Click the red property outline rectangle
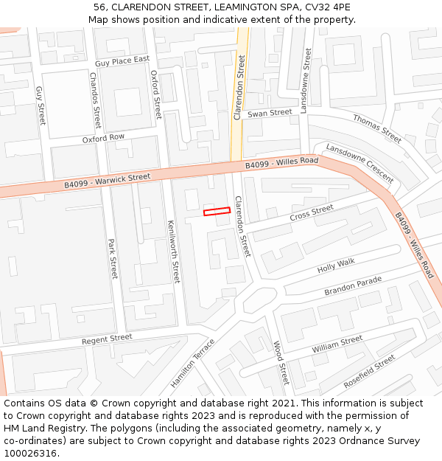217,212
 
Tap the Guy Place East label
122,60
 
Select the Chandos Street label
95,100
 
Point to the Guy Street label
41,105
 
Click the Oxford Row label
103,138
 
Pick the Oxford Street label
155,94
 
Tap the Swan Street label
270,113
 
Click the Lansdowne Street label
306,80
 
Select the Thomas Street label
377,128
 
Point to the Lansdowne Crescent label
359,164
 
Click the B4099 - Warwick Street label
107,179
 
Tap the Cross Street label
312,213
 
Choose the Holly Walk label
336,266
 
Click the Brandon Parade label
353,286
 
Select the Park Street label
113,258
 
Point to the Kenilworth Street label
173,252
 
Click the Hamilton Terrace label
192,363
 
